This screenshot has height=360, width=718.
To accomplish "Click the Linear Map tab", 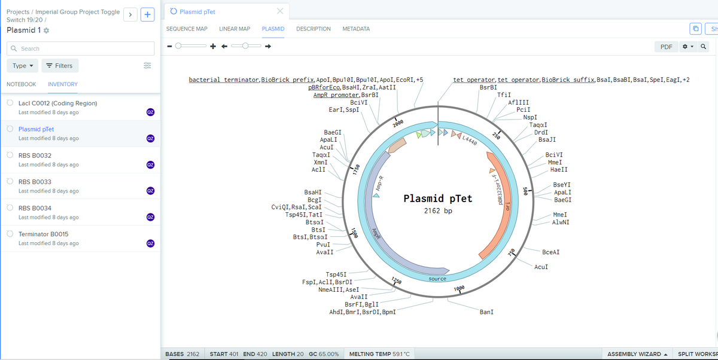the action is pos(235,29).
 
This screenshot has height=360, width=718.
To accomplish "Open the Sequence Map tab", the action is pos(187,29).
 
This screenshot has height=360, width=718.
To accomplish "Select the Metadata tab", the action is pos(356,29).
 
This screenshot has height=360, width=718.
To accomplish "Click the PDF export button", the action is pos(666,47).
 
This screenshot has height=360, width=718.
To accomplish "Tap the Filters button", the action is pos(60,66).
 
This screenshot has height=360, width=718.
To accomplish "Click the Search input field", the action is pos(81,48).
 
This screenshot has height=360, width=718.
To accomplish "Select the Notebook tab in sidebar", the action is pos(21,84).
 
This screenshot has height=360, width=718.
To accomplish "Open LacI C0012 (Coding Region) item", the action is pos(57,103).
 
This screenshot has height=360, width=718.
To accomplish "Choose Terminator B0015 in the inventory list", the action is pos(44,234).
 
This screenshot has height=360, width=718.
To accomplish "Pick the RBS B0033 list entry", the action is pos(35,182).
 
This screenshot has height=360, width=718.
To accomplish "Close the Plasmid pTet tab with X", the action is pos(280,11).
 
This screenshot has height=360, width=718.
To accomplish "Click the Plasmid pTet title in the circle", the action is pos(438,199).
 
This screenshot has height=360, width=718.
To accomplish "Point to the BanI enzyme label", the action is pos(486,312).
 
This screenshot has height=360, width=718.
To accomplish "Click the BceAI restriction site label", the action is pos(550,252).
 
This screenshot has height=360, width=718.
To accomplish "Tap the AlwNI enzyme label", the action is pos(561,222).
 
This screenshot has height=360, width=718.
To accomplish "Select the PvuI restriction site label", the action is pos(324,245).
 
